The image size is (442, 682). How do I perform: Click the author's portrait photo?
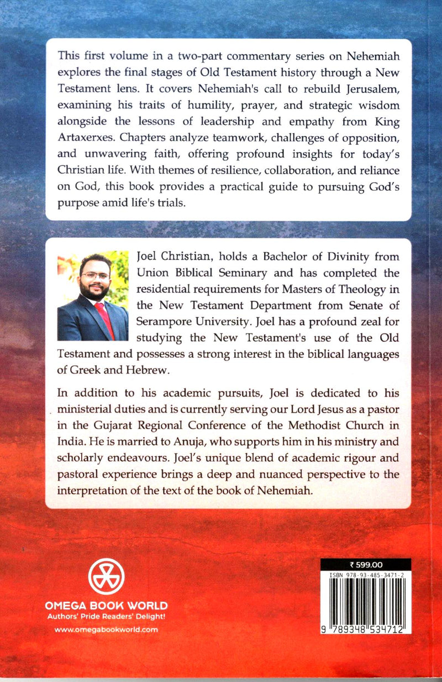pyautogui.click(x=93, y=298)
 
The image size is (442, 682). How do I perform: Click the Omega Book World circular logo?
pyautogui.click(x=106, y=577)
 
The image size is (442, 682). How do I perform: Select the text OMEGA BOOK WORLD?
pyautogui.click(x=106, y=606)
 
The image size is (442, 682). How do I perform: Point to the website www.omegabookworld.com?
pyautogui.click(x=106, y=629)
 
